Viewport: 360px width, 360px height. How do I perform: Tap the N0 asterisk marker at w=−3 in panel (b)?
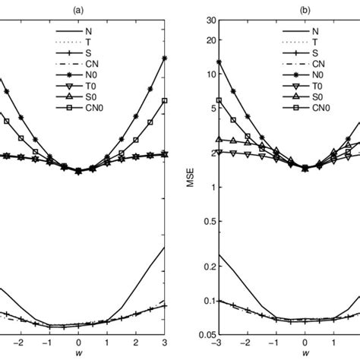219,62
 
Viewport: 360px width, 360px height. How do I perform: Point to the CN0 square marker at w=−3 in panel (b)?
219,100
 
